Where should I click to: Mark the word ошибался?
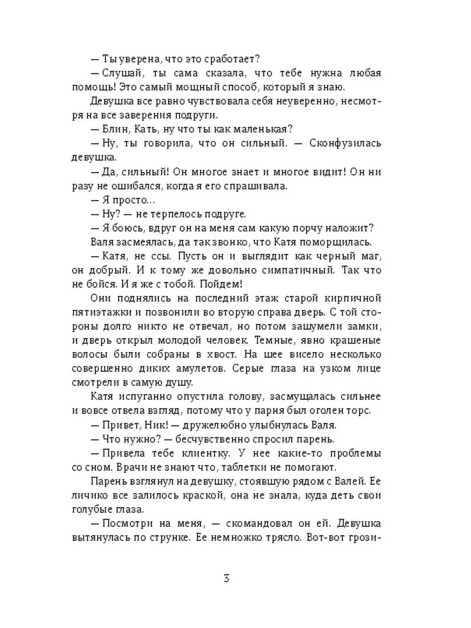click(142, 185)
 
